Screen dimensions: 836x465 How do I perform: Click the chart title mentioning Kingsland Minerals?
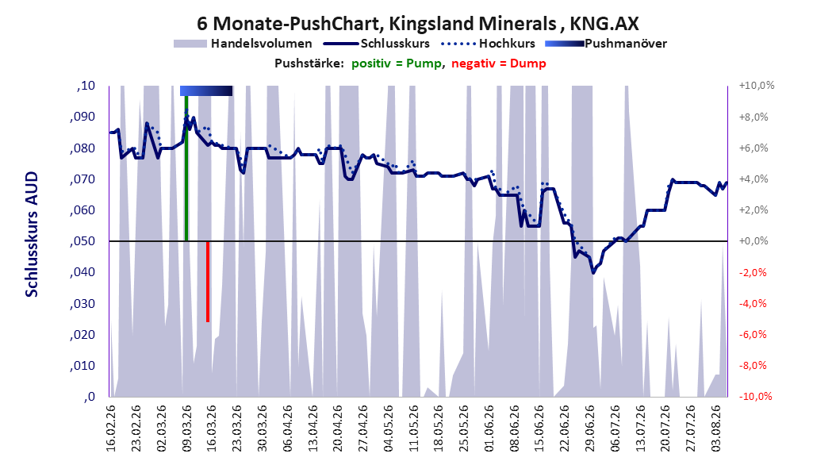(418, 24)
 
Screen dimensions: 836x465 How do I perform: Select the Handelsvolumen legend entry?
(244, 44)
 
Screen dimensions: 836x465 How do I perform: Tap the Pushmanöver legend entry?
(606, 44)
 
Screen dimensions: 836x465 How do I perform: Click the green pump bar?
(186, 168)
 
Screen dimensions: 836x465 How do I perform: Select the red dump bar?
(207, 282)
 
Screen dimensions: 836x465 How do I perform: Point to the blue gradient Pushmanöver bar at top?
(206, 90)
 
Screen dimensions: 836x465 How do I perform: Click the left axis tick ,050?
(82, 241)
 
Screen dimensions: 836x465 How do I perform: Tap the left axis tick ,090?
(82, 117)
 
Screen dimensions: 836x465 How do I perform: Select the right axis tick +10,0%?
(757, 86)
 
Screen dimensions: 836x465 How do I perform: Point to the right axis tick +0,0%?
(754, 241)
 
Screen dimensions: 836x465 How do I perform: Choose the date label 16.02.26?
(111, 428)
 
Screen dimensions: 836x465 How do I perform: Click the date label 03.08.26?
(716, 428)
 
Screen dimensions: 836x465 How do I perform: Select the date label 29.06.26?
(589, 428)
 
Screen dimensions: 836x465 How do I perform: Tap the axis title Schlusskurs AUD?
(32, 234)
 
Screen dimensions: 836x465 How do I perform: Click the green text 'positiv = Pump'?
(397, 63)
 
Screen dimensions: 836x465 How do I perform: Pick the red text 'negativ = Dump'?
(499, 63)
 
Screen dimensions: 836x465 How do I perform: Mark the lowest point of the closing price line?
(592, 272)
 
